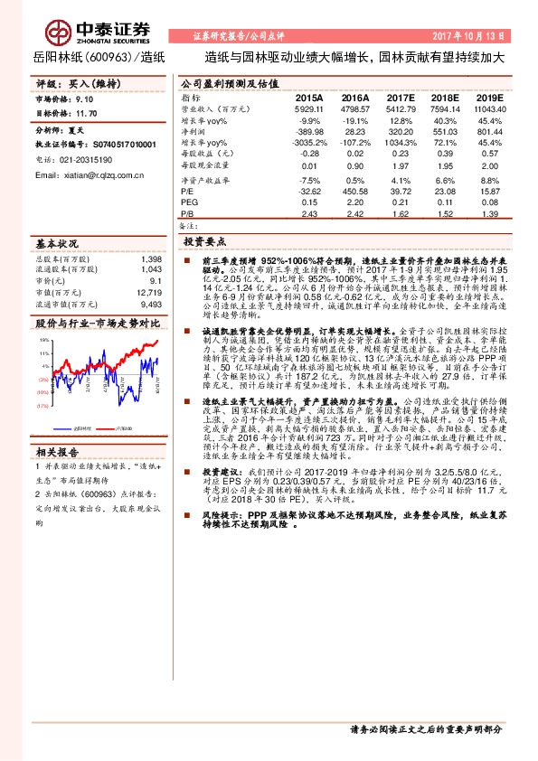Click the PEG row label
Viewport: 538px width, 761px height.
pyautogui.click(x=188, y=202)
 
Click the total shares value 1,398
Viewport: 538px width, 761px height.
pyautogui.click(x=153, y=258)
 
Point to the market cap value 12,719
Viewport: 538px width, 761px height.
pyautogui.click(x=151, y=292)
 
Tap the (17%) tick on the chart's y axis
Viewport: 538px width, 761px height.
pyautogui.click(x=42, y=407)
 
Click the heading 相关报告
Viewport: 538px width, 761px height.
pyautogui.click(x=58, y=450)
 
